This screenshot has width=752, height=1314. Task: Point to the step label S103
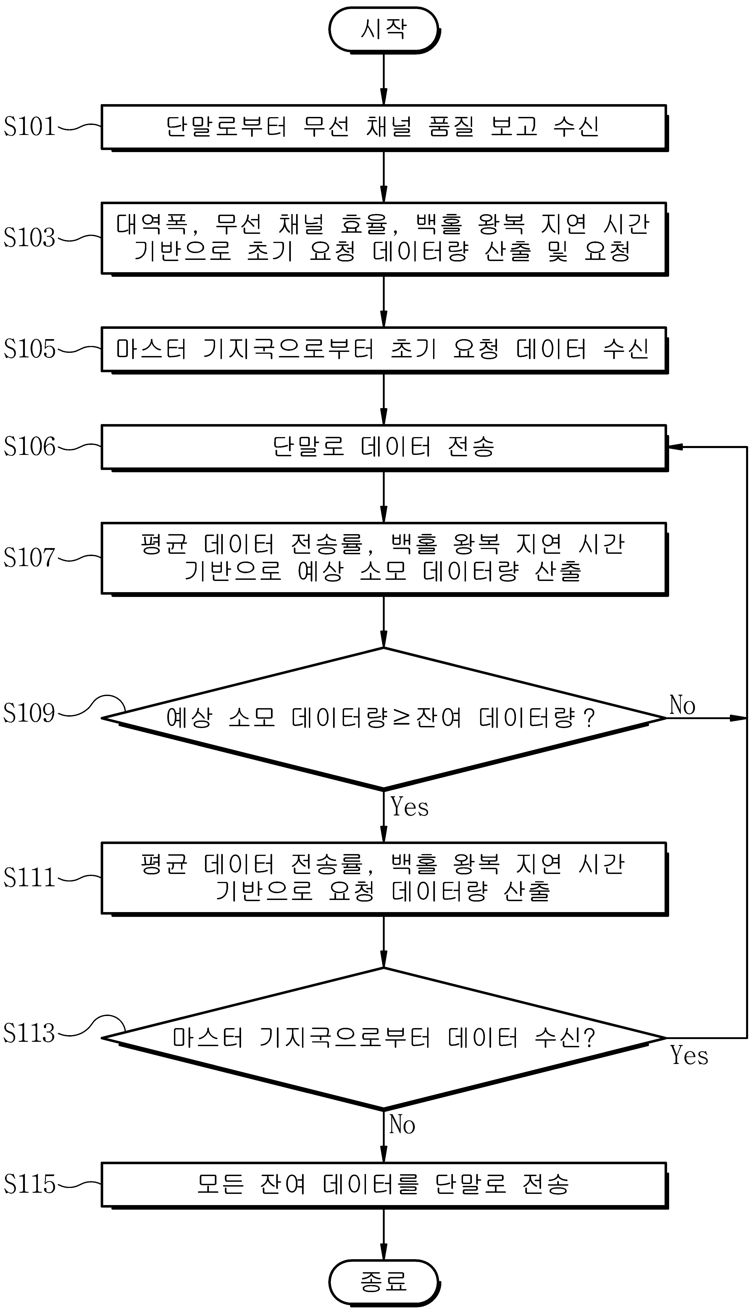pyautogui.click(x=29, y=237)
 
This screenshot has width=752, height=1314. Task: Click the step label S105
pyautogui.click(x=29, y=349)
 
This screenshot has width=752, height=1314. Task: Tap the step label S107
pyautogui.click(x=29, y=558)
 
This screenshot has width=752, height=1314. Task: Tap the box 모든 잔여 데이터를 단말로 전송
pyautogui.click(x=384, y=1185)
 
